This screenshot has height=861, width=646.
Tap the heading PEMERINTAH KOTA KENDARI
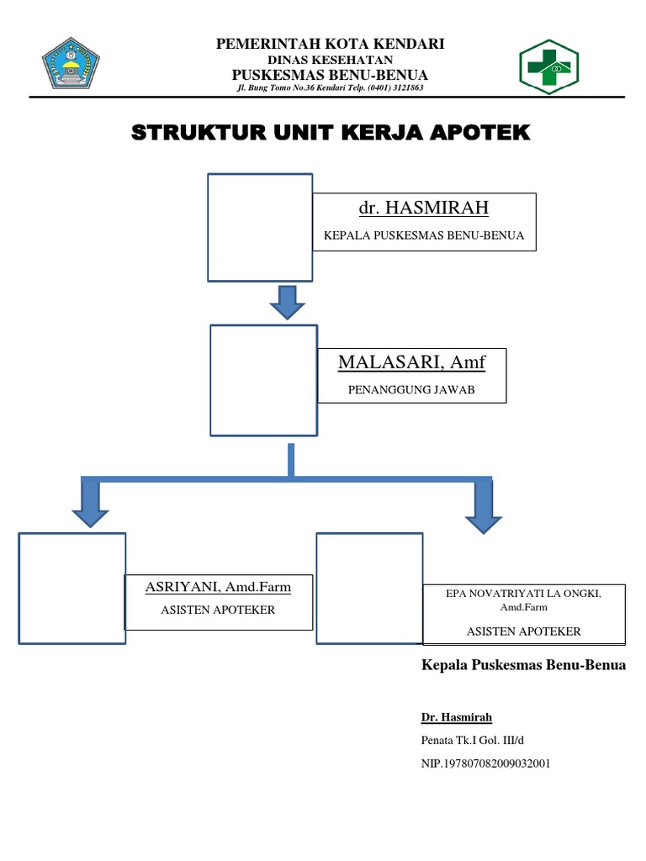point(330,45)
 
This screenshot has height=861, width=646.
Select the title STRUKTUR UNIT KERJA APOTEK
point(331,133)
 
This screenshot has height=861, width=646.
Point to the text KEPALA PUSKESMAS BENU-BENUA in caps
point(423,236)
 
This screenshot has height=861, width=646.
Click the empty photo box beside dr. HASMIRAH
point(260,227)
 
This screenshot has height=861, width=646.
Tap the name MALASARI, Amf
point(411,362)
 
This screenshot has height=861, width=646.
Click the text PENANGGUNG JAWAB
point(411,390)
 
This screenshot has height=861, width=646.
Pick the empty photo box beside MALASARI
point(262,381)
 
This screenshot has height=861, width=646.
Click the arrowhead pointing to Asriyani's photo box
point(90,508)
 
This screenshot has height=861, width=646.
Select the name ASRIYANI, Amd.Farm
point(218,587)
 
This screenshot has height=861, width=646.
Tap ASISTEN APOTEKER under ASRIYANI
point(218,610)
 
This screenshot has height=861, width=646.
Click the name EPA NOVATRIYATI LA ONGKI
point(523,594)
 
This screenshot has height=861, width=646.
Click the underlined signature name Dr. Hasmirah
point(456,717)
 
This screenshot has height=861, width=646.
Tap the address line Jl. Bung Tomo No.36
point(330,87)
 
